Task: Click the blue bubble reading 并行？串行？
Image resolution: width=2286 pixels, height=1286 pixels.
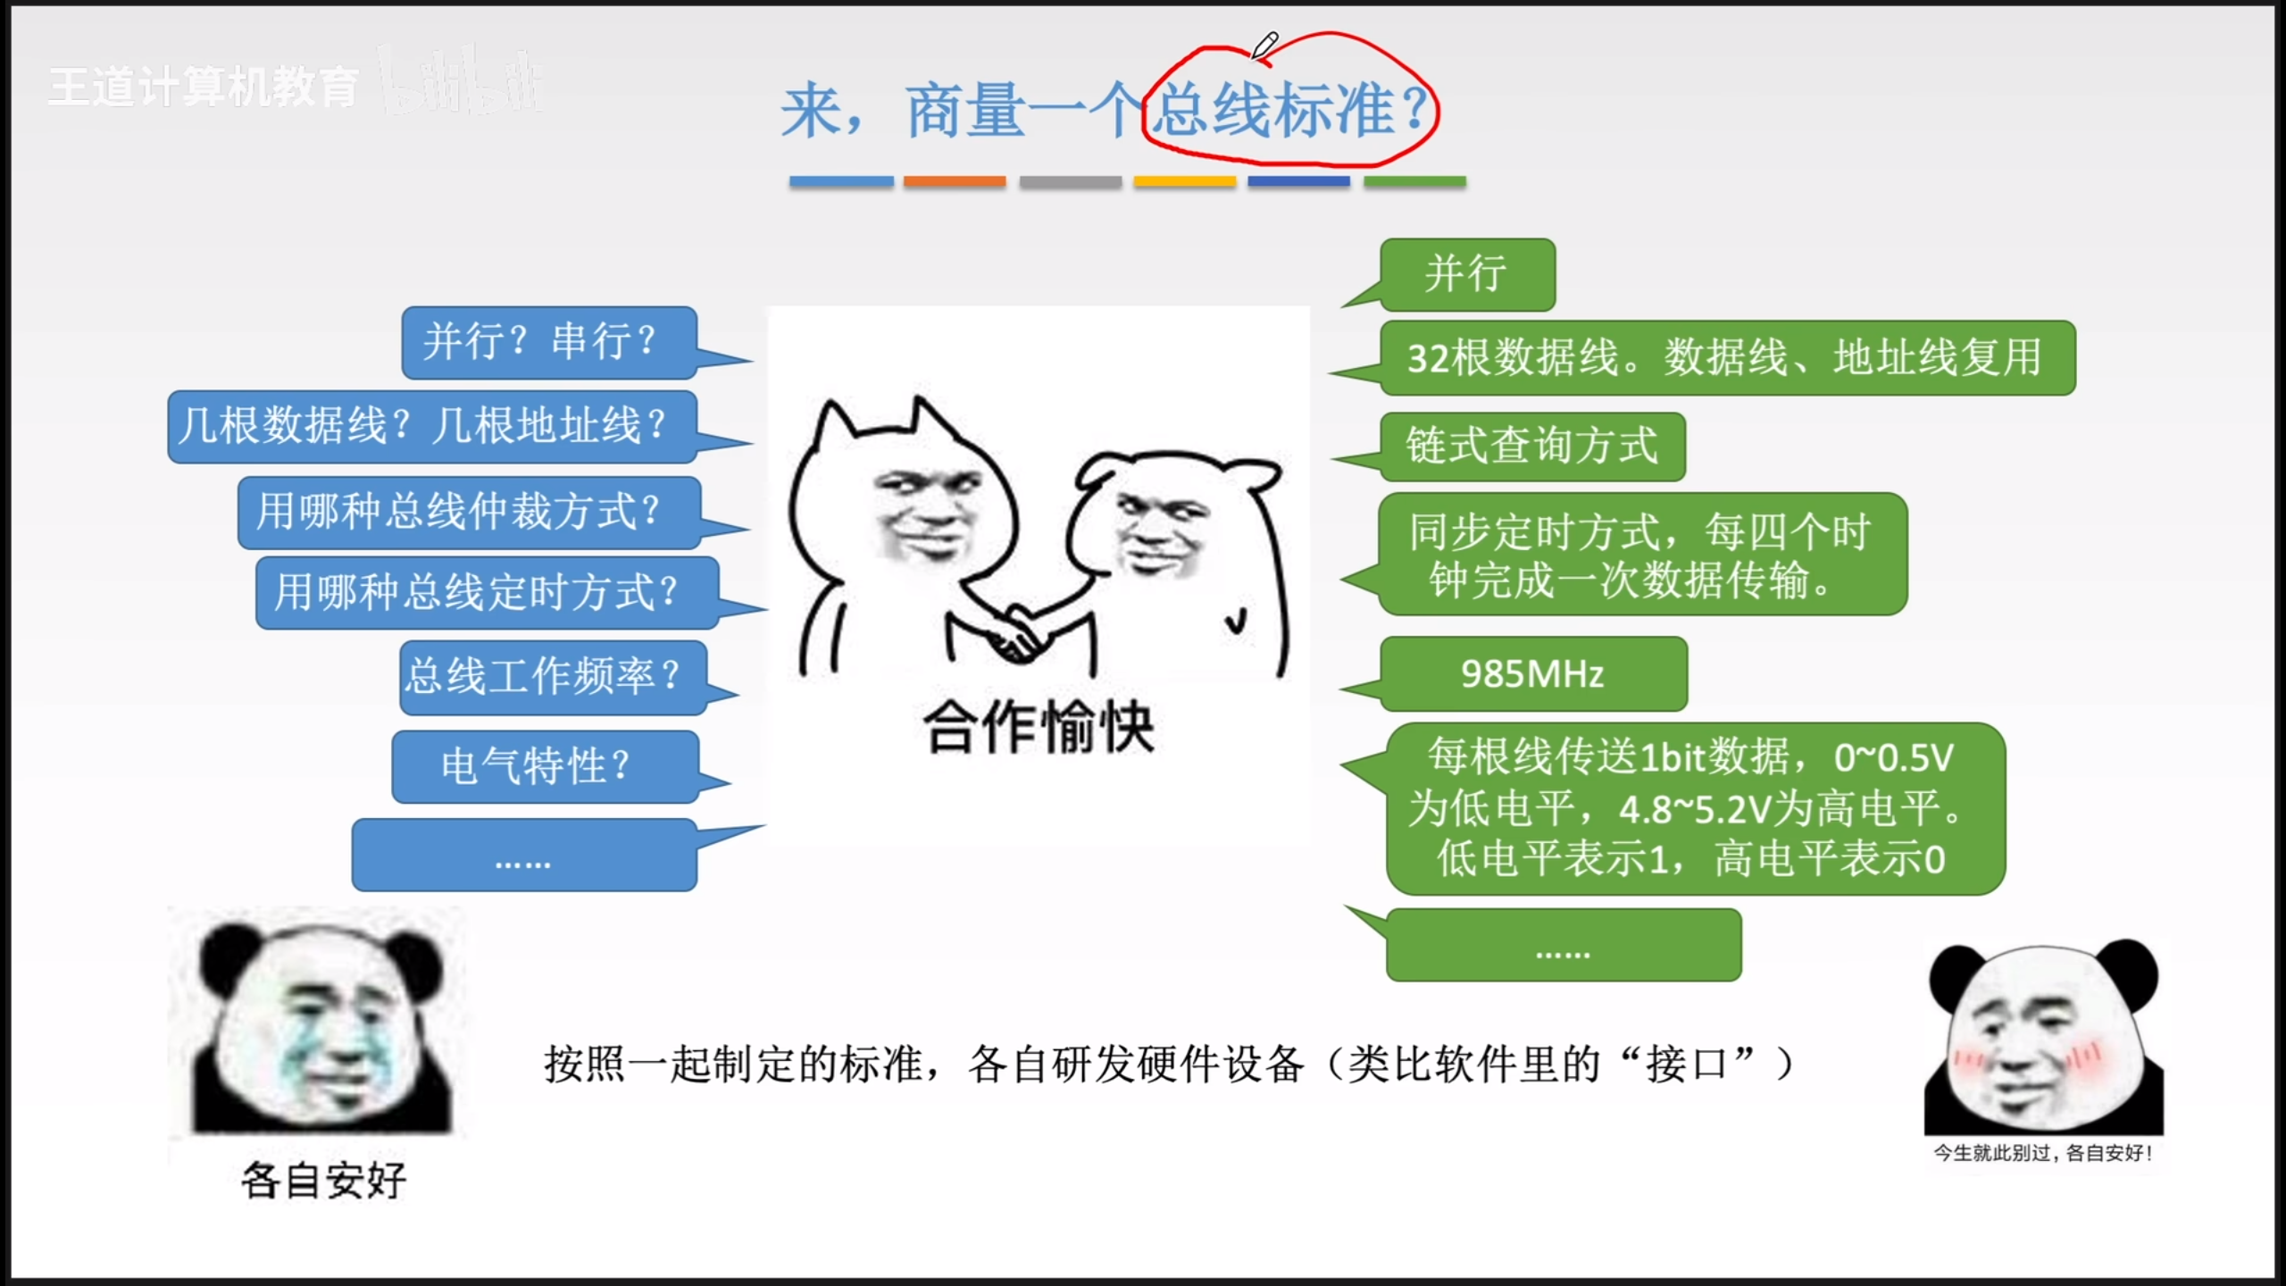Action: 549,342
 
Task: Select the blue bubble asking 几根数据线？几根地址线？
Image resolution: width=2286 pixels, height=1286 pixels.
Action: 432,426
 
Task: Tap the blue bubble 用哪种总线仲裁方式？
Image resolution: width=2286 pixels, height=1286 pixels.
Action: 469,512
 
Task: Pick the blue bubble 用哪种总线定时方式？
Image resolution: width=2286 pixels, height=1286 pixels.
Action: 487,592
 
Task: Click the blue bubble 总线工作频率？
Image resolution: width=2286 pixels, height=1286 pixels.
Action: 553,677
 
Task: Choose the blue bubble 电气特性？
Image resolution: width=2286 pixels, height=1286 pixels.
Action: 545,766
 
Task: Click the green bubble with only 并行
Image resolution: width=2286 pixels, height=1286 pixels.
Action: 1467,274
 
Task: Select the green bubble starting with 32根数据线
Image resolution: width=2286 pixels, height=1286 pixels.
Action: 1727,357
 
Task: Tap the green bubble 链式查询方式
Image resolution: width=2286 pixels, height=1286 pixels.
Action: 1532,447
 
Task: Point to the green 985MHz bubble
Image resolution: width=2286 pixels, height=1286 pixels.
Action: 1533,673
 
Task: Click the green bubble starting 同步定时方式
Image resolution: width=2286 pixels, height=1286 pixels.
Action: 1642,554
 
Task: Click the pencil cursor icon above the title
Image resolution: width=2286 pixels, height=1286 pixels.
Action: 1264,45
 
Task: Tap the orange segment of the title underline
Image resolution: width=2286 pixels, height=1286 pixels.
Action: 955,181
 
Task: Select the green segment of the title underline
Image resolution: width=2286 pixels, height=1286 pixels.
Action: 1414,181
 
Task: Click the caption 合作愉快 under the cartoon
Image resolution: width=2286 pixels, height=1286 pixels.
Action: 1039,727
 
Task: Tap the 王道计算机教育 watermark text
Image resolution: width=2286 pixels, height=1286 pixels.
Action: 204,88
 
